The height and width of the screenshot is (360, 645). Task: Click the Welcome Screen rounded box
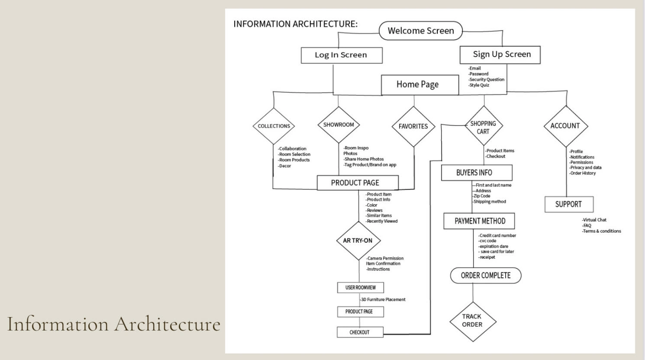[421, 30]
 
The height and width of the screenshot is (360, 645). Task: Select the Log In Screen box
[342, 55]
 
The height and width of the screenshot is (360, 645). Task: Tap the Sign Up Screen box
[500, 55]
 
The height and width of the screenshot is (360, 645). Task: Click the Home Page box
[420, 85]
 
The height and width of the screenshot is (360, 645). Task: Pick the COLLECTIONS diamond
[274, 126]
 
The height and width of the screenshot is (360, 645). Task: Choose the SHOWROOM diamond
[339, 125]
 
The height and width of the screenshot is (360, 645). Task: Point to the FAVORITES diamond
[413, 126]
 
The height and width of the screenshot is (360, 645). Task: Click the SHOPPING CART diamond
[484, 125]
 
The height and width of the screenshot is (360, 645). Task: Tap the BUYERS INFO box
[477, 173]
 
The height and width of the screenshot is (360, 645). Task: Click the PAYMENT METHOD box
[479, 221]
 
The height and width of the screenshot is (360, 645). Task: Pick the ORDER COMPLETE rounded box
[486, 275]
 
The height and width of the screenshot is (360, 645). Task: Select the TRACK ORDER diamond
[473, 321]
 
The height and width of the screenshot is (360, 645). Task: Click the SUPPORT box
[569, 204]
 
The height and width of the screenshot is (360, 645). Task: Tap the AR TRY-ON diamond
[358, 241]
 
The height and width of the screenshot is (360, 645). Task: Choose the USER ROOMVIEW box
[361, 287]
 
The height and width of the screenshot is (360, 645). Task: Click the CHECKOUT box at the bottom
[360, 332]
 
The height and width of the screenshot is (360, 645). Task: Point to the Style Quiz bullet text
[479, 85]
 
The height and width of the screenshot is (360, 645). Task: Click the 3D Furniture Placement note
[383, 299]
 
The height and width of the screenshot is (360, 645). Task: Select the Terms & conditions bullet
[602, 231]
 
